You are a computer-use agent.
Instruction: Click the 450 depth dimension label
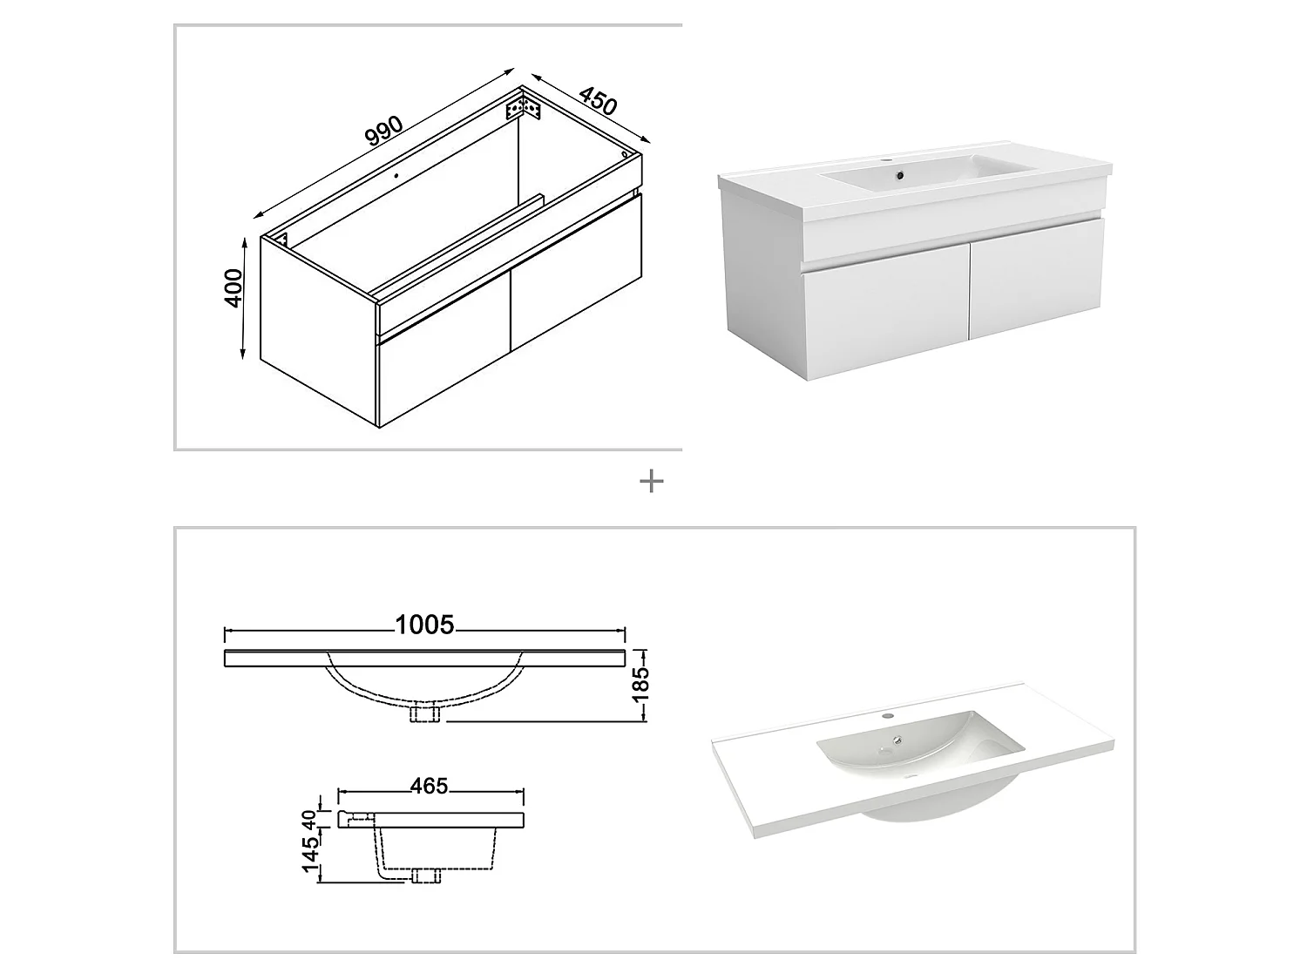click(x=598, y=101)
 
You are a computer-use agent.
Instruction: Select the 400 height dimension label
click(x=233, y=287)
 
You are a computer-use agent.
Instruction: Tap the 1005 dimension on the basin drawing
click(x=424, y=625)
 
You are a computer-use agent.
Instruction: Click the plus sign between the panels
click(x=651, y=482)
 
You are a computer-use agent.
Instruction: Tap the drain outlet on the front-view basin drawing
click(x=424, y=713)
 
